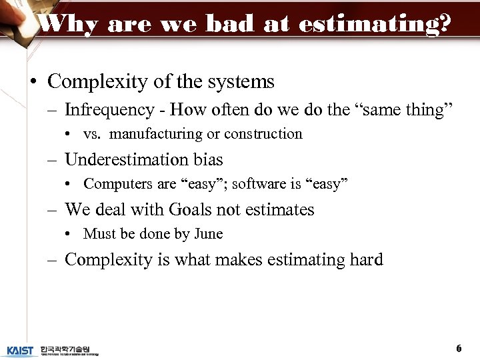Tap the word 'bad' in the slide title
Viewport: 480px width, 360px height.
231,24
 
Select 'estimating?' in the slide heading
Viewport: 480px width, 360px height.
375,24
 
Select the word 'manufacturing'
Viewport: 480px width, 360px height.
156,134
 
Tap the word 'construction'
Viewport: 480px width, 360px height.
263,134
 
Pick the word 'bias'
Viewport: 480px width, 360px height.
207,160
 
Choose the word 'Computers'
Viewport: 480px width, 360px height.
113,184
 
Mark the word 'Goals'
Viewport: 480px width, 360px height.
195,210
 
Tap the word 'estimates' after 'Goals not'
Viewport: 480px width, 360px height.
278,210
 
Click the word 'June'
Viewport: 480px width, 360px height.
208,234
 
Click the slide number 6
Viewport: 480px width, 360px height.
459,349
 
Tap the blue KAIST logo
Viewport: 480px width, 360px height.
20,350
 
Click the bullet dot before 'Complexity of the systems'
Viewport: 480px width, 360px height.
33,83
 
